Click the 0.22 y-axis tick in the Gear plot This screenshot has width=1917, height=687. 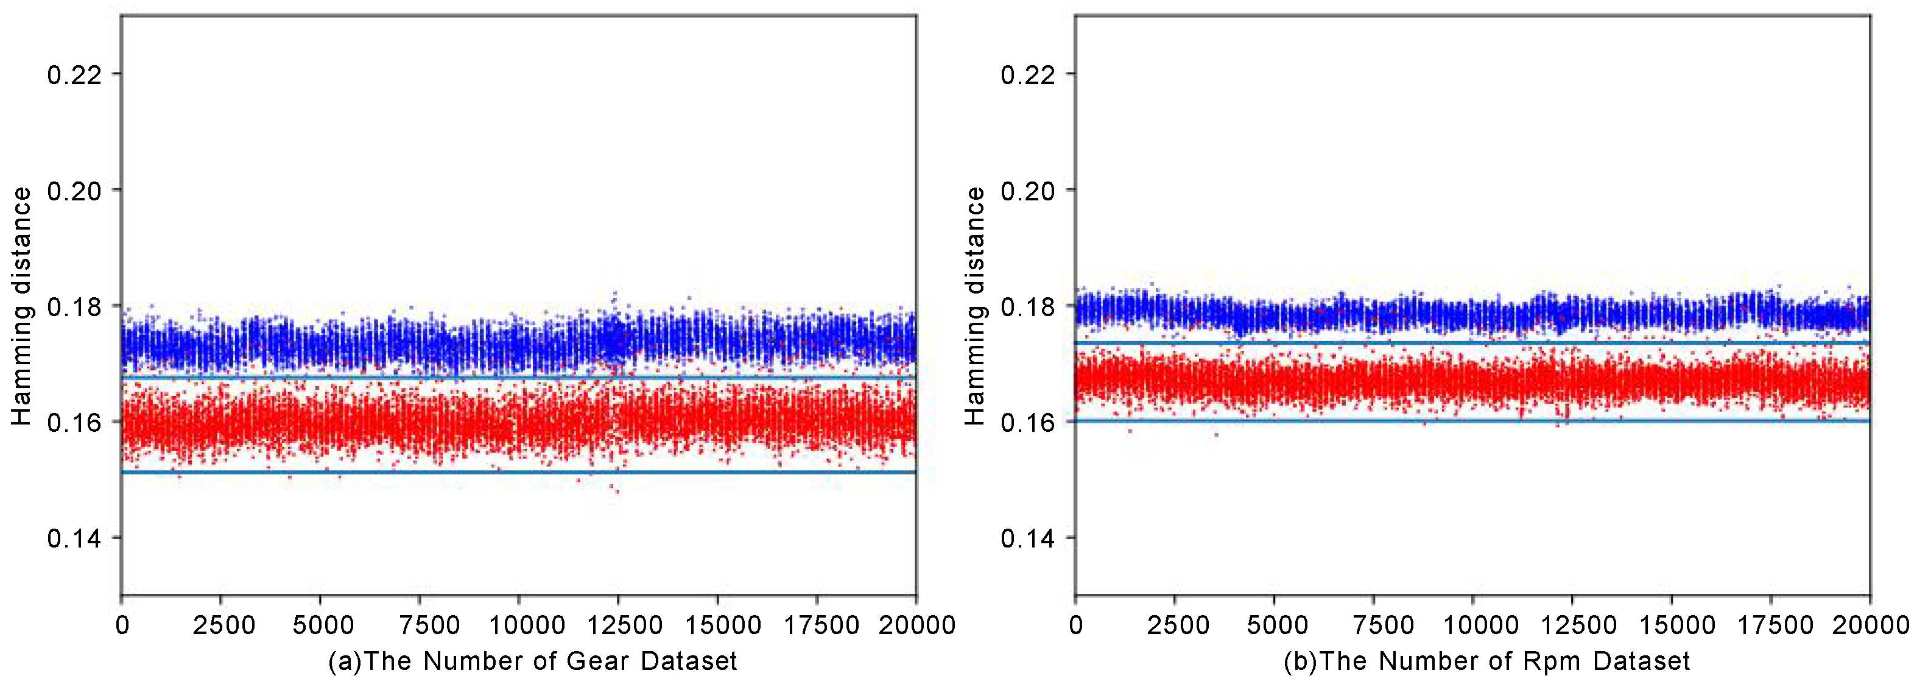74,74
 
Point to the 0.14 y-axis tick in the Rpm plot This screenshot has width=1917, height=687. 1028,538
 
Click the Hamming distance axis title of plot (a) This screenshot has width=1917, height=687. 21,306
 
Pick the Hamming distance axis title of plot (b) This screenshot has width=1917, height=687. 975,306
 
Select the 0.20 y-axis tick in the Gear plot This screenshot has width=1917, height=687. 74,191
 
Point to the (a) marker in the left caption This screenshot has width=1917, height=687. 345,661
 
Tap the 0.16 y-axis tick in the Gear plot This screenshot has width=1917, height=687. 74,422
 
